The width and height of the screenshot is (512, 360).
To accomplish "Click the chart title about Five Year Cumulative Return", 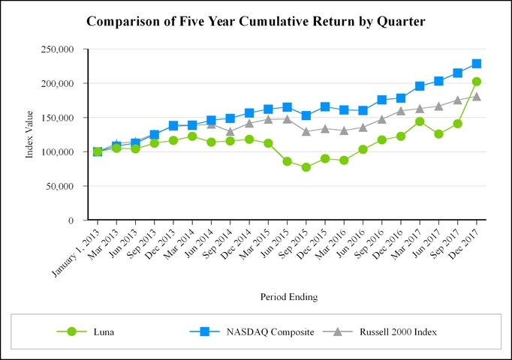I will (x=256, y=22).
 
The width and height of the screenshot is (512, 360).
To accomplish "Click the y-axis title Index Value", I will (x=30, y=135).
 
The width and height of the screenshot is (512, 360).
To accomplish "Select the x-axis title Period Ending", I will (x=289, y=297).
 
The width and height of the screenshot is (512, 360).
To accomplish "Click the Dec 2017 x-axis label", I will (x=463, y=243).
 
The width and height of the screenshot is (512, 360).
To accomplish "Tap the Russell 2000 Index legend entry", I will (x=397, y=331).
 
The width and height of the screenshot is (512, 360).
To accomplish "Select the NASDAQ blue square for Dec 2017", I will (x=477, y=64).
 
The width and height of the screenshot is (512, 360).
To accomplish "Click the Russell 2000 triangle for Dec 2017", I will (x=477, y=96).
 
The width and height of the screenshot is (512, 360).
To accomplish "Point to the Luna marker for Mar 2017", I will (x=420, y=121).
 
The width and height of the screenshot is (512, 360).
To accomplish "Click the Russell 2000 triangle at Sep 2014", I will (x=230, y=131).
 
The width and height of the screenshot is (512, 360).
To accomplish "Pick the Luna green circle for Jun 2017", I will (x=438, y=134).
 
